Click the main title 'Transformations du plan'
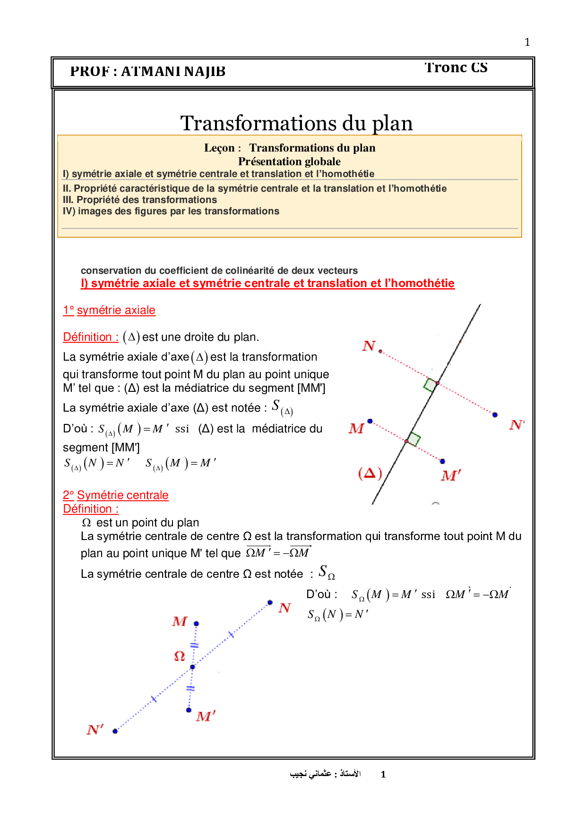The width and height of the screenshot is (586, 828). click(x=296, y=124)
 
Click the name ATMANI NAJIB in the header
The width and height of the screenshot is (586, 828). click(x=173, y=71)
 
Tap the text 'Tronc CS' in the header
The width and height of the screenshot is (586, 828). click(x=456, y=68)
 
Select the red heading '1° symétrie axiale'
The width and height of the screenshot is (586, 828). click(x=109, y=310)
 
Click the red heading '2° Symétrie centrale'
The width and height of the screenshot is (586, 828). click(x=116, y=495)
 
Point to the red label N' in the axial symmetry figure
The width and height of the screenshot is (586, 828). click(x=517, y=425)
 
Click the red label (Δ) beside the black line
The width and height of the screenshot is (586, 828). click(x=370, y=473)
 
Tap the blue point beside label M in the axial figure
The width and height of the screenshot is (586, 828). click(x=370, y=421)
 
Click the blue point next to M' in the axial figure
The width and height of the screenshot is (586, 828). click(x=442, y=461)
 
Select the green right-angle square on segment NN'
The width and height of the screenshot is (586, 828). click(x=430, y=385)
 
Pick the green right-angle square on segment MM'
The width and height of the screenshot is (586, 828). click(x=414, y=439)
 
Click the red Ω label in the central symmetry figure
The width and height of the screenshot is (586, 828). click(x=180, y=656)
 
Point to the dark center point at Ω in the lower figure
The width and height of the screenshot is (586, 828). click(x=192, y=667)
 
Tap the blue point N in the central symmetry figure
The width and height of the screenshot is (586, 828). click(x=270, y=602)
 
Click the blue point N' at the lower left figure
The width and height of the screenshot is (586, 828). click(x=115, y=731)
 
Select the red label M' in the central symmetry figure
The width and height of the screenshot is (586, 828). click(x=206, y=717)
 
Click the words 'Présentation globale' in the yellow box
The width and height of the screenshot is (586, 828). click(x=289, y=161)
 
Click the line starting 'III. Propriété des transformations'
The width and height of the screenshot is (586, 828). click(x=140, y=200)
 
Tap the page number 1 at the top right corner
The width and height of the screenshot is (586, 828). click(x=527, y=42)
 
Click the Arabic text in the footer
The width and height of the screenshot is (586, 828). click(x=325, y=774)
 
